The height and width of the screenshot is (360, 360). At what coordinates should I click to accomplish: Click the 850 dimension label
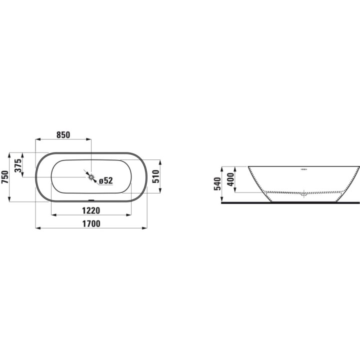coord(63,135)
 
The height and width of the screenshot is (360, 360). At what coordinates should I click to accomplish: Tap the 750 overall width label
coord(5,177)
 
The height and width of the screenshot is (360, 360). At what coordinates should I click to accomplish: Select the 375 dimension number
coord(18,165)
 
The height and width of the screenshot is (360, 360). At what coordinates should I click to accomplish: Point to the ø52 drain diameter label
coord(106,180)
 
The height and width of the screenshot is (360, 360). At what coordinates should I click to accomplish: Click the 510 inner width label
coord(156,176)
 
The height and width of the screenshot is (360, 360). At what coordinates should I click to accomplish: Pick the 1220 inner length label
coord(91,210)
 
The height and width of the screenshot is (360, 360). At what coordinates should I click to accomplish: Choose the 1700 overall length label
coord(91,223)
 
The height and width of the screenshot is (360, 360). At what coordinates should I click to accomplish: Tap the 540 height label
coord(217,183)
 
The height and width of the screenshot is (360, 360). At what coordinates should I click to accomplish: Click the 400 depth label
coord(230,179)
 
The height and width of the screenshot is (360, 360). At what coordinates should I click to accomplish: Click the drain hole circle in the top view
coord(91,177)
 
